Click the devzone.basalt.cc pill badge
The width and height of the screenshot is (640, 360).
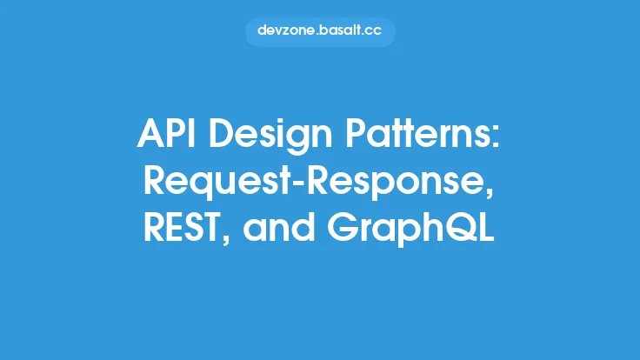coord(320,30)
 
